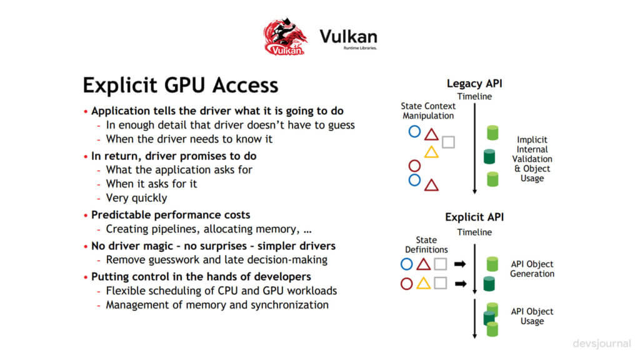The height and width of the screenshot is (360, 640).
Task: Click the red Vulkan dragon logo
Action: pos(285,37)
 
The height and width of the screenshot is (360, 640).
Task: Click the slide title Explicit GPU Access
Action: pos(181,85)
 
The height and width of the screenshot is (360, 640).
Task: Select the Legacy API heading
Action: pos(473,83)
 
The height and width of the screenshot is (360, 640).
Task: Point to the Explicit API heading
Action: pos(474,217)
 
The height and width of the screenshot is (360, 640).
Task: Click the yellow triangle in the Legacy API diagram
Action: pos(431,152)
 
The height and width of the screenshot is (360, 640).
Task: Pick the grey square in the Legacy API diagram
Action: pos(448,142)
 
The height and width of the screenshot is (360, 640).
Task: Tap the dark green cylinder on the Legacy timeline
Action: pos(492,156)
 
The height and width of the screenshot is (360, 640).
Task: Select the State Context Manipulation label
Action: pos(428,111)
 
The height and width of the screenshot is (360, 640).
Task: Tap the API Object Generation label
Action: pos(532,269)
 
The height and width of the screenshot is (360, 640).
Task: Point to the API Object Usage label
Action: pos(532,316)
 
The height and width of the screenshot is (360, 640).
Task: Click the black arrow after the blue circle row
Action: pos(461,264)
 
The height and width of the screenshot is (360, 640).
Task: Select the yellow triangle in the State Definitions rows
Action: pos(423,284)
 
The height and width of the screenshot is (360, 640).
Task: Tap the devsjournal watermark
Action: pos(601,344)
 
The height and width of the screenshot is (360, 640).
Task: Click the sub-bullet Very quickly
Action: pos(136,198)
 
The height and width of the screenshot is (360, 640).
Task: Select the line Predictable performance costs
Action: pos(171,214)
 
